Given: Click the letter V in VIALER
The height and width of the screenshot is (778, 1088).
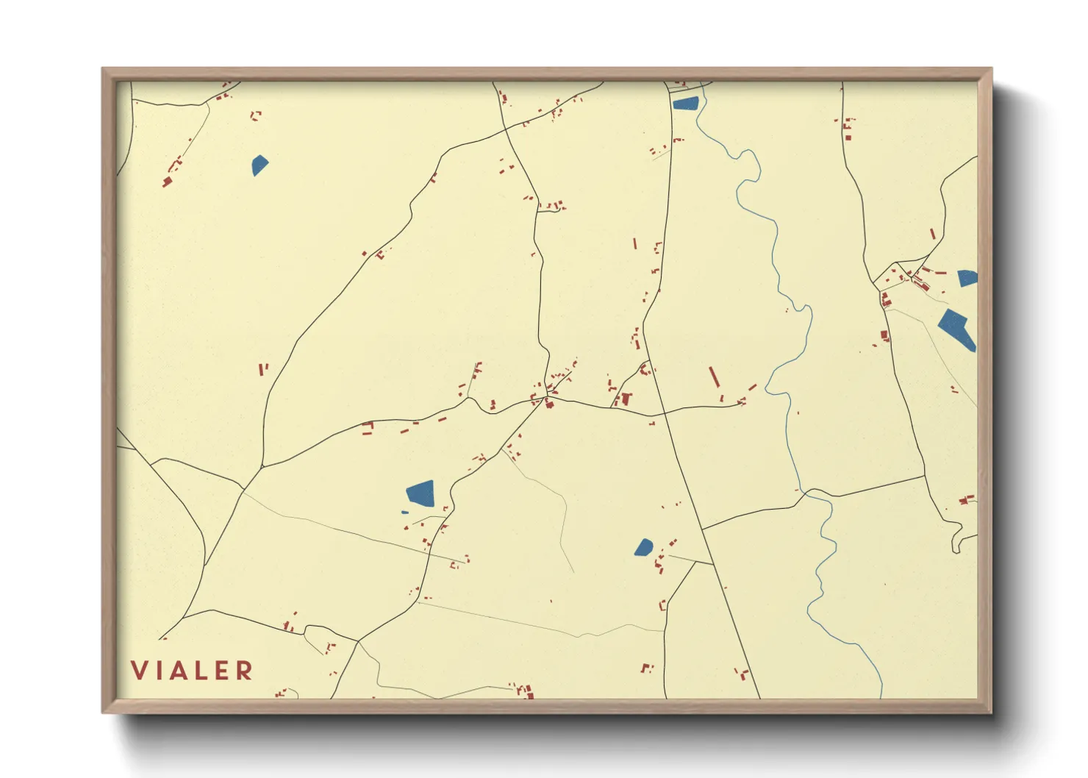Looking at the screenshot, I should point(139,670).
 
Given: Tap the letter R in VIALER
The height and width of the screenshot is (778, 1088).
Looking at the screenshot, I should point(245,670).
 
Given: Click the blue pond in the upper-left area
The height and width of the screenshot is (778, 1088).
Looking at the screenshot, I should point(260,165).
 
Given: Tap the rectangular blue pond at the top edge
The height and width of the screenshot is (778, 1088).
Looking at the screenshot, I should point(685,103).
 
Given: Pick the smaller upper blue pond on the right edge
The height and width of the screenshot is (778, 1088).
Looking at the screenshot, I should point(967,278).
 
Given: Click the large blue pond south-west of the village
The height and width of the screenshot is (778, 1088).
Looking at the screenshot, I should point(421,492).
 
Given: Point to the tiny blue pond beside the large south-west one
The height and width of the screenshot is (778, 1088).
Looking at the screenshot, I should point(404,512).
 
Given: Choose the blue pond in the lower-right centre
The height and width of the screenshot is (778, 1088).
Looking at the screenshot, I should point(643,547).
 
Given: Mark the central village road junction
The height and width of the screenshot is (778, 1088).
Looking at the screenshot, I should point(547,398).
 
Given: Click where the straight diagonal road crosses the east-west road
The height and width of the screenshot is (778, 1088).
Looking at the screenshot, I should point(665,413).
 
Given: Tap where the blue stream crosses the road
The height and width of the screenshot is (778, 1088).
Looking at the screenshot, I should point(806,493).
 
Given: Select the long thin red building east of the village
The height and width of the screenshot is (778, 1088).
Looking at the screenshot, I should point(713,376).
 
